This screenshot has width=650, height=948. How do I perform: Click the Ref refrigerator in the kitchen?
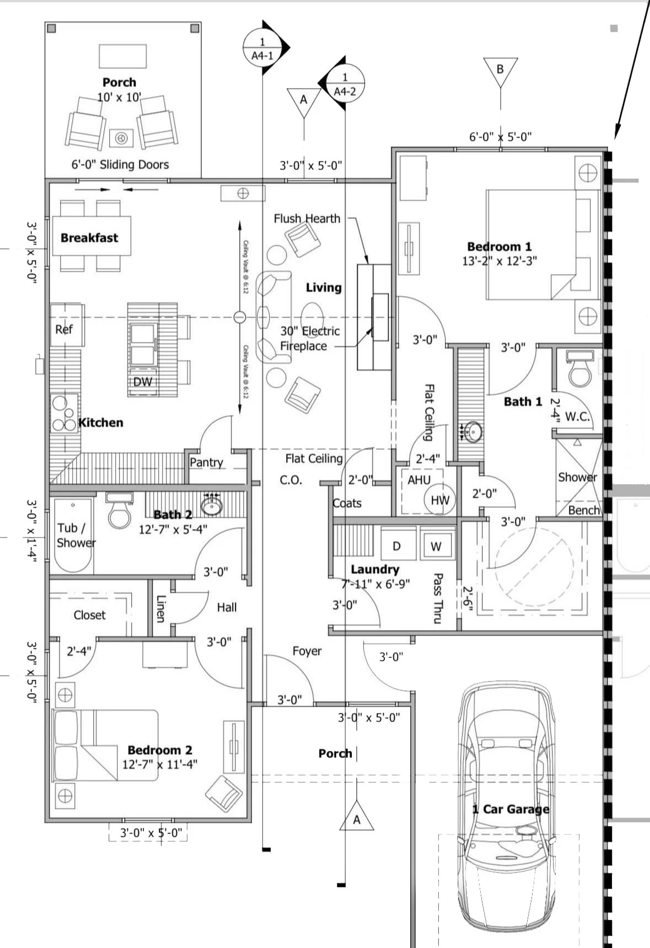(x=65, y=329)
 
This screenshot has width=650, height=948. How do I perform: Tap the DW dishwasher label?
(x=142, y=382)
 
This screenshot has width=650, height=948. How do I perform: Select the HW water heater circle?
(x=439, y=500)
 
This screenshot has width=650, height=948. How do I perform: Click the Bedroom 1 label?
(x=499, y=247)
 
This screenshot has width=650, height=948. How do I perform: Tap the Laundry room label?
(x=375, y=569)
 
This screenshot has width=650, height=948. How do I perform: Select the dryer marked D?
(x=397, y=546)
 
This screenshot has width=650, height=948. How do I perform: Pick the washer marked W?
(x=436, y=546)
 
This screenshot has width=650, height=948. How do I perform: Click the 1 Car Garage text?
(x=511, y=809)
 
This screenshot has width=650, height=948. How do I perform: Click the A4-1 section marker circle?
(x=262, y=49)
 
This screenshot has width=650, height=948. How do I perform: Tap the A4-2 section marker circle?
(x=345, y=84)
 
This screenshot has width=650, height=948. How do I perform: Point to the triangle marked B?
(x=500, y=70)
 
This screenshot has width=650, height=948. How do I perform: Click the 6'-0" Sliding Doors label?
(x=120, y=164)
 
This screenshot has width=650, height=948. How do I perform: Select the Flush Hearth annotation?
(x=307, y=218)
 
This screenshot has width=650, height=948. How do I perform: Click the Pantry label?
(x=206, y=462)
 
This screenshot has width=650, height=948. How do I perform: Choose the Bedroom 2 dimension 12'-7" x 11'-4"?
(x=160, y=764)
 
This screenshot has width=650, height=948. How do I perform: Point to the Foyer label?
(x=307, y=651)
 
